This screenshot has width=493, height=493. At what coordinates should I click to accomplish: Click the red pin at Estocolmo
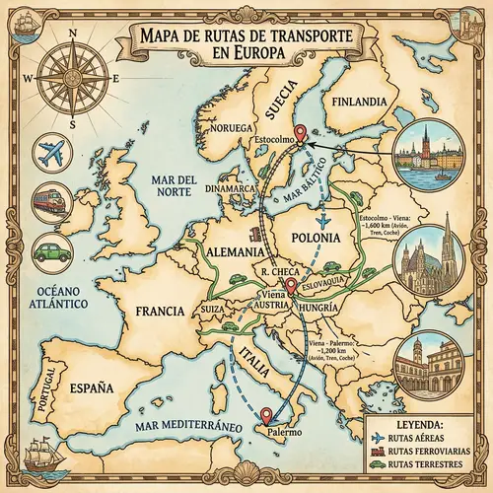tap(300, 134)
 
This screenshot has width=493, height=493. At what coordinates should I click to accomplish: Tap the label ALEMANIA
tap(236, 250)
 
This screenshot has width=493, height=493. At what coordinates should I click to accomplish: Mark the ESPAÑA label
tap(94, 387)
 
